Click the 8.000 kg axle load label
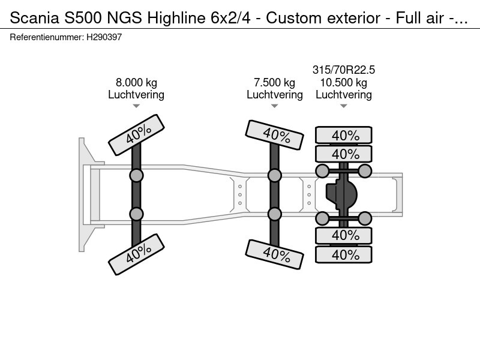point(136,83)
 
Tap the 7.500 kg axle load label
point(274,83)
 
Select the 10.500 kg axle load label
point(344,83)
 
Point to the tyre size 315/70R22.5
point(344,70)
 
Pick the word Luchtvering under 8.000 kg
point(136,95)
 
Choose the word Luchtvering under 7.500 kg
point(274,95)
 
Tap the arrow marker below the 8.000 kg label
point(136,106)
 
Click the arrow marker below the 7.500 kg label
point(274,106)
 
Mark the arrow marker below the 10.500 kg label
point(344,106)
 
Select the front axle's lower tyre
point(136,253)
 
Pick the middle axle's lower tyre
point(275,253)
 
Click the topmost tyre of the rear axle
point(344,135)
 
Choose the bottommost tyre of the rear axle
point(344,254)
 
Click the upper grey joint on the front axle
point(136,175)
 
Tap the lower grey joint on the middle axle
point(275,214)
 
